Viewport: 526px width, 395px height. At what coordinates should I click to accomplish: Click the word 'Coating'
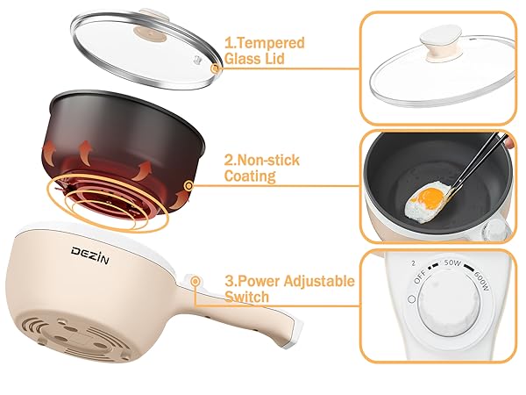(252, 176)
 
